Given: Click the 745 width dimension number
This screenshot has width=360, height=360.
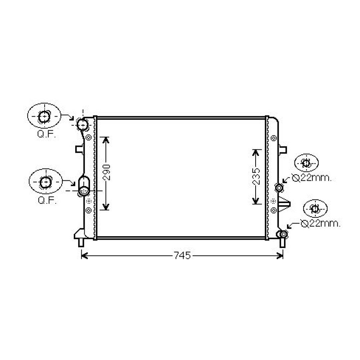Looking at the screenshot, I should pos(181,256).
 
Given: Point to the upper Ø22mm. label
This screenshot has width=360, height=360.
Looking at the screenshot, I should pos(311,178).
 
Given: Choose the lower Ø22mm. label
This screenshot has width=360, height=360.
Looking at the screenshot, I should pos(320,224).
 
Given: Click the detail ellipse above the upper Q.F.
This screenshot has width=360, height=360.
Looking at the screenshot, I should pos(44,116).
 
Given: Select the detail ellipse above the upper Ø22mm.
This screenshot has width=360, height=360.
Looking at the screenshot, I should pos(306,163).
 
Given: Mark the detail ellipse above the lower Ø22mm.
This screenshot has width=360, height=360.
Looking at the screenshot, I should pos(315,209).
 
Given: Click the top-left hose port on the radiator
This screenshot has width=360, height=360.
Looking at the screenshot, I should pos(83,125).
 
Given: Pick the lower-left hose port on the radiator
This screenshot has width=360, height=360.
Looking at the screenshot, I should pos(84,190).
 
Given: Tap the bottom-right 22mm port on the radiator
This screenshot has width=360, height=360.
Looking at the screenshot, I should pos(283,235).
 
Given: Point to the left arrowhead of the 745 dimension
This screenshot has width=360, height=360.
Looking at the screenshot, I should pos(83,256).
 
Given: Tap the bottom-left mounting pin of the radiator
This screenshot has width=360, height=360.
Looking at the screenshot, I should pos(81,243).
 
